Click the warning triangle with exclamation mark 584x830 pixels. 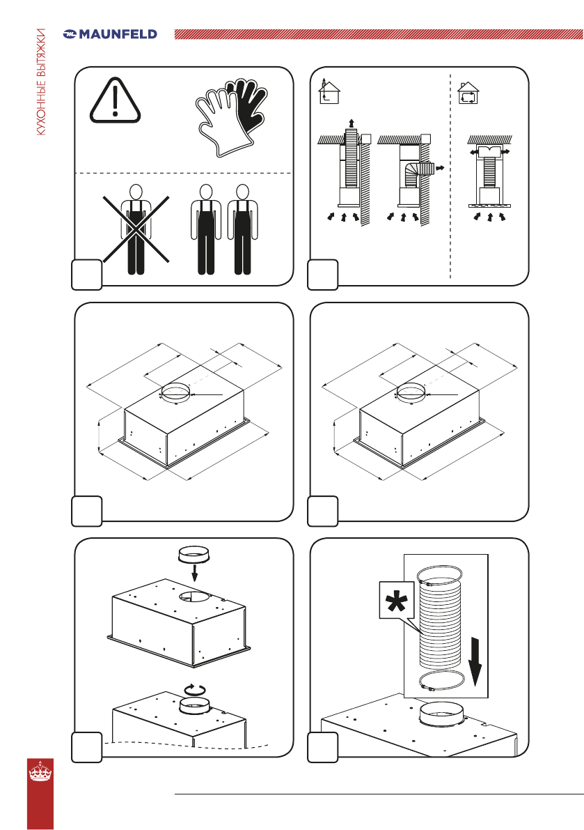tap(116, 100)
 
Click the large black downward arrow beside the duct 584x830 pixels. tap(475, 661)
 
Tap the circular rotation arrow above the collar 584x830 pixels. tap(195, 689)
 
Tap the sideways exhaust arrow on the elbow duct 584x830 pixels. tap(439, 169)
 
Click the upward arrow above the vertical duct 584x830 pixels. tap(352, 123)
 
